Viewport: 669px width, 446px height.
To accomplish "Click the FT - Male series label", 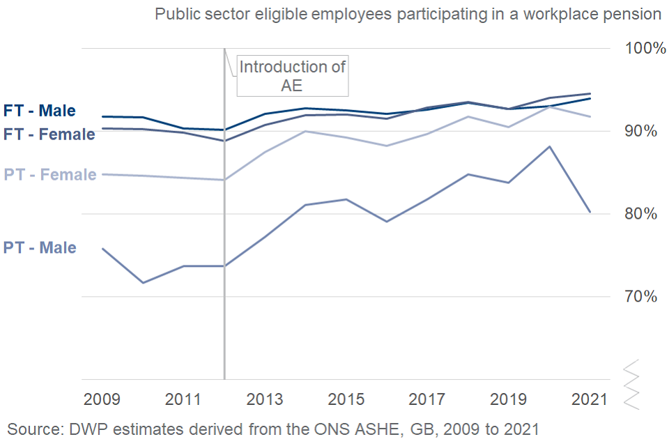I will [x=40, y=110].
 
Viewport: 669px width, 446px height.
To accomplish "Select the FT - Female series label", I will [x=49, y=134].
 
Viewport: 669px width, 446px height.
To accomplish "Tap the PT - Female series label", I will [x=50, y=174].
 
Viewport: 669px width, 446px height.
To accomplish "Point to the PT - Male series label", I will [x=40, y=247].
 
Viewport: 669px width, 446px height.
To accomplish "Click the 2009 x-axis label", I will [x=102, y=400].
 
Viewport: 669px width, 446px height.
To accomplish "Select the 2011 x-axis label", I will [x=183, y=400].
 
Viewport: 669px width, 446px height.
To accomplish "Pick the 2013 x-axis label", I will [x=265, y=400].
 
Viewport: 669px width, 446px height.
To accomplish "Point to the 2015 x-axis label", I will [x=346, y=400].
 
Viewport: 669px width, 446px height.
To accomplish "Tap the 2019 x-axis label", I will [x=509, y=400].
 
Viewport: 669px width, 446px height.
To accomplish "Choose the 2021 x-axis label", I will [x=589, y=400].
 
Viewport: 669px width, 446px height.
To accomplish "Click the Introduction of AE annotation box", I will [x=292, y=76].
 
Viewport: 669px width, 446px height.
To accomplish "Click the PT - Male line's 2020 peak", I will [x=550, y=146].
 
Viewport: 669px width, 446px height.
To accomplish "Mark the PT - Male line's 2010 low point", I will [x=143, y=282].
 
